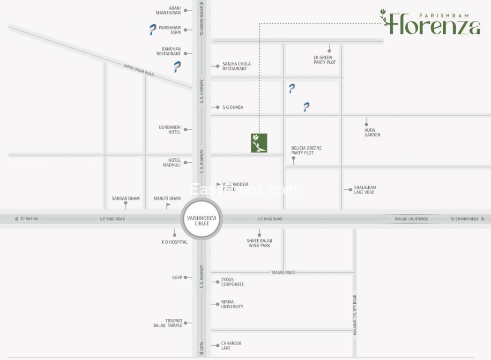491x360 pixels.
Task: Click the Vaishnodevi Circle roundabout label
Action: click(x=201, y=221)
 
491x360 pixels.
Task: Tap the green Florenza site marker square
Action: click(x=259, y=143)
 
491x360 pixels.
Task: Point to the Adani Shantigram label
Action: click(x=168, y=10)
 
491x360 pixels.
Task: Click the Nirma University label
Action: click(x=232, y=304)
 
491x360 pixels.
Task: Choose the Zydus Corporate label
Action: click(x=232, y=282)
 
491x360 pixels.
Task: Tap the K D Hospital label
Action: click(x=174, y=242)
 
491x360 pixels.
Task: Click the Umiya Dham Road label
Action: click(x=139, y=70)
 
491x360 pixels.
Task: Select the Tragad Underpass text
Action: click(x=411, y=219)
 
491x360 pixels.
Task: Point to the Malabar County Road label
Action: click(x=355, y=315)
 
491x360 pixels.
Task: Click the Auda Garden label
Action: click(x=372, y=133)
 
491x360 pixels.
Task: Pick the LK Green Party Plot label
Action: click(x=325, y=60)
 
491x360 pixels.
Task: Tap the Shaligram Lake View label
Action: click(x=365, y=190)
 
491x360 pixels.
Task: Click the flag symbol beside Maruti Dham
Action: click(x=168, y=205)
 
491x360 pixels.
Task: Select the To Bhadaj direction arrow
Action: click(x=16, y=219)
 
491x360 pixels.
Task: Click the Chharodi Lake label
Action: click(x=231, y=345)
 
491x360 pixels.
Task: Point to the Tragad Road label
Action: click(x=283, y=272)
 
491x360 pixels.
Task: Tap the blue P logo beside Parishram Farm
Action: click(x=153, y=30)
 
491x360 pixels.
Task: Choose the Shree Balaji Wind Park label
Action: click(x=259, y=243)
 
